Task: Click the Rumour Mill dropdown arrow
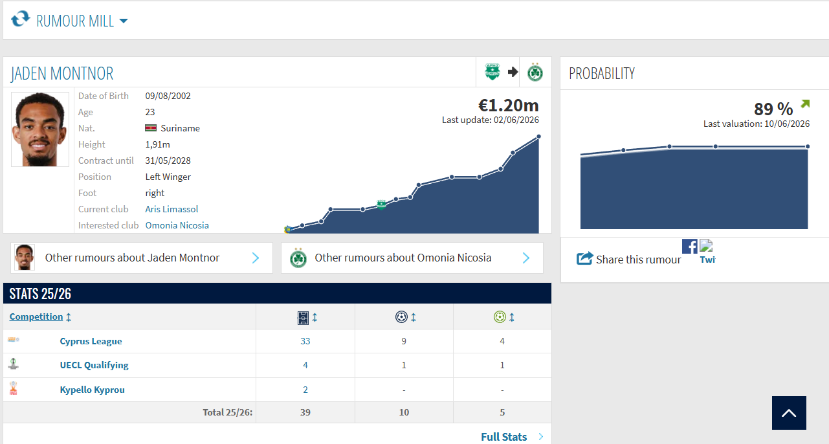124,21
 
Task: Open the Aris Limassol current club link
171,209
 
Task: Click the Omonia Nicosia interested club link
177,225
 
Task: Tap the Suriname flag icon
151,128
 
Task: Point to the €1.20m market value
509,105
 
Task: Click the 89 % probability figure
773,109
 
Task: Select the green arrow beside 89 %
805,104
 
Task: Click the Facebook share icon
690,246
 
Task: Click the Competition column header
36,316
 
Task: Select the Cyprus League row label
91,341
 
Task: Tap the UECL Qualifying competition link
94,365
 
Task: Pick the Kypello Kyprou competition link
92,390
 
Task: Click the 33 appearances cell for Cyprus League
305,341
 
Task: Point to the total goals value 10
404,412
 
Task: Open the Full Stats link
503,437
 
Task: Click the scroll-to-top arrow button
789,413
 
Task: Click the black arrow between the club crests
513,72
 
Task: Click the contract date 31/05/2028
168,161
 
